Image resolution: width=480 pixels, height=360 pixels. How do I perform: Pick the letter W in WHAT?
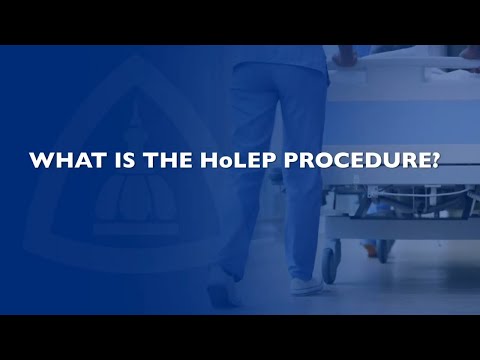pos(42,160)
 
